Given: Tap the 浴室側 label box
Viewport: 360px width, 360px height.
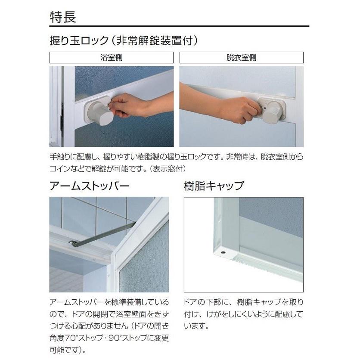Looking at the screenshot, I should click(111, 58).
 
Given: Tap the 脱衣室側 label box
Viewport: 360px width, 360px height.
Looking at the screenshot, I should click(241, 58).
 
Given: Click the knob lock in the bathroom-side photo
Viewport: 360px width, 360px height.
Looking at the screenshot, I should click(98, 113).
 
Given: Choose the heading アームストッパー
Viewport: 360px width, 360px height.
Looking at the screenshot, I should click(90, 186).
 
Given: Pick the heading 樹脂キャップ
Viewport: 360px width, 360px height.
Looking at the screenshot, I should click(214, 186).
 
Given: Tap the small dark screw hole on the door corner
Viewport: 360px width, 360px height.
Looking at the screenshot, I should click(223, 250).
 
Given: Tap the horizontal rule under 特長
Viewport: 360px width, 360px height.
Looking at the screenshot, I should click(179, 27).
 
